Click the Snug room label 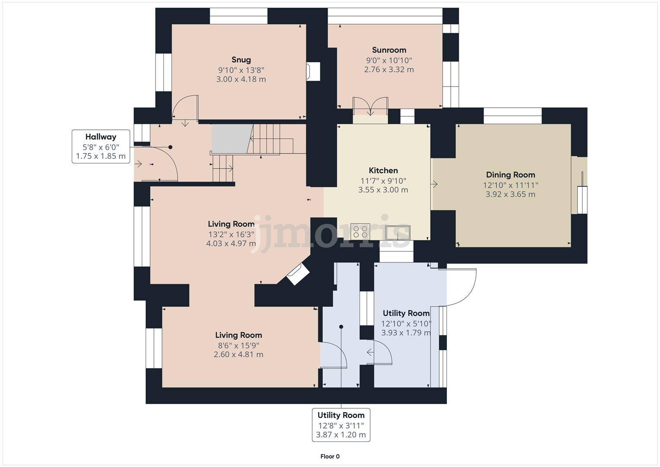click(241, 60)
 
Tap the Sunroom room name click(389, 50)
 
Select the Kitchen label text click(383, 170)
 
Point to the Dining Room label click(510, 175)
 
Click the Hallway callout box click(101, 147)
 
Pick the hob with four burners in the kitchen click(360, 231)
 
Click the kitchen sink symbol click(398, 232)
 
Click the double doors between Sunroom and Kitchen click(370, 106)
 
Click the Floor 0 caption click(330, 456)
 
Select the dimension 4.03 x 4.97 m click(231, 243)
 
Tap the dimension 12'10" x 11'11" click(510, 185)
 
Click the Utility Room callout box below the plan click(341, 425)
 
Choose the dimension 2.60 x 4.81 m click(238, 354)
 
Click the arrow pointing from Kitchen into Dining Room click(434, 184)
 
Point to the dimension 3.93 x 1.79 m click(406, 333)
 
